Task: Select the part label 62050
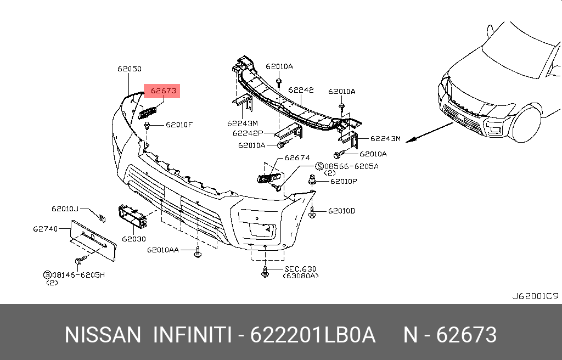click(129, 69)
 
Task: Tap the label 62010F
click(179, 125)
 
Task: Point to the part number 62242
click(301, 90)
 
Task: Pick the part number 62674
click(297, 158)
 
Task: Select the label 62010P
click(343, 181)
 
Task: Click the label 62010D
click(341, 211)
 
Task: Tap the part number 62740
click(45, 228)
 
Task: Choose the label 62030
click(134, 239)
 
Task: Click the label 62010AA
click(163, 250)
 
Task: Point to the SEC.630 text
click(300, 269)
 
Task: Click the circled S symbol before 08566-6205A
click(319, 166)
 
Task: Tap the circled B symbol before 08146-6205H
click(48, 274)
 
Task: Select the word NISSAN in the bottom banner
click(103, 335)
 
